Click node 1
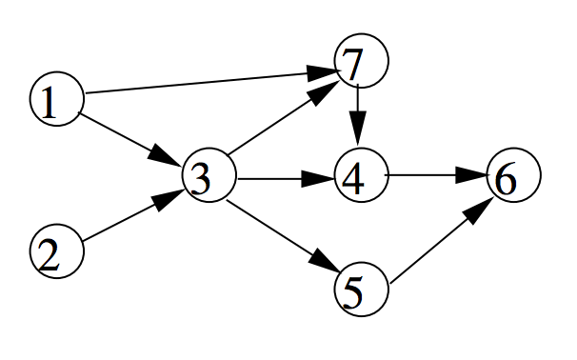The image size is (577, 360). click(57, 99)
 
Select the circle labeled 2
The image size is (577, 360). click(57, 251)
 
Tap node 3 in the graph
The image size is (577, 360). click(209, 175)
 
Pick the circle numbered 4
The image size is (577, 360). click(362, 175)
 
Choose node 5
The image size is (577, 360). click(362, 290)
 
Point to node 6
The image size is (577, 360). click(514, 175)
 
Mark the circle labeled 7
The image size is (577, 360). click(362, 61)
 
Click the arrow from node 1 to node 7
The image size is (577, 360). click(211, 81)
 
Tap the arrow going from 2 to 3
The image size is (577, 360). click(133, 216)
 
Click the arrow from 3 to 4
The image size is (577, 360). click(287, 179)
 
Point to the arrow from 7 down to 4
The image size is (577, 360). click(358, 115)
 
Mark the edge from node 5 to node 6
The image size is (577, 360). click(442, 241)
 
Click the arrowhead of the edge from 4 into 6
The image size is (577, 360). click(471, 175)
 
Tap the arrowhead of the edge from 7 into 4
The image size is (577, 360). click(358, 129)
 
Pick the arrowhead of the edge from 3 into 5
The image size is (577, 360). click(325, 263)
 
